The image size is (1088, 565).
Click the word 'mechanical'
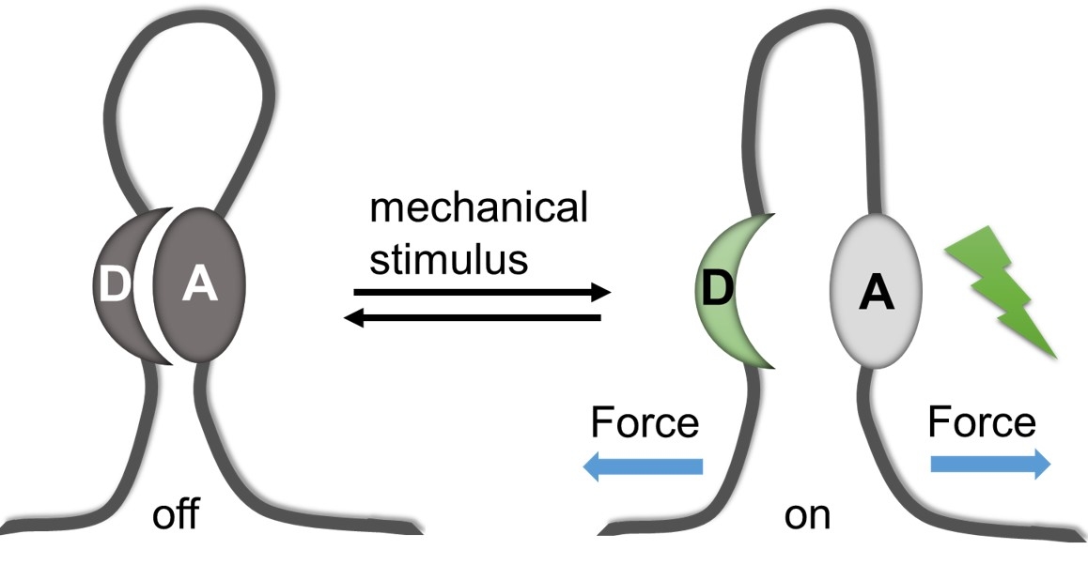point(478,208)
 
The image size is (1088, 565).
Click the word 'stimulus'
point(448,259)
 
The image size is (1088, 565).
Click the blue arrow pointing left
point(644,466)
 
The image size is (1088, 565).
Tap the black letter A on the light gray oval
point(876,294)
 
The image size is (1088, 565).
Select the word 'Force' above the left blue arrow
point(644,423)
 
